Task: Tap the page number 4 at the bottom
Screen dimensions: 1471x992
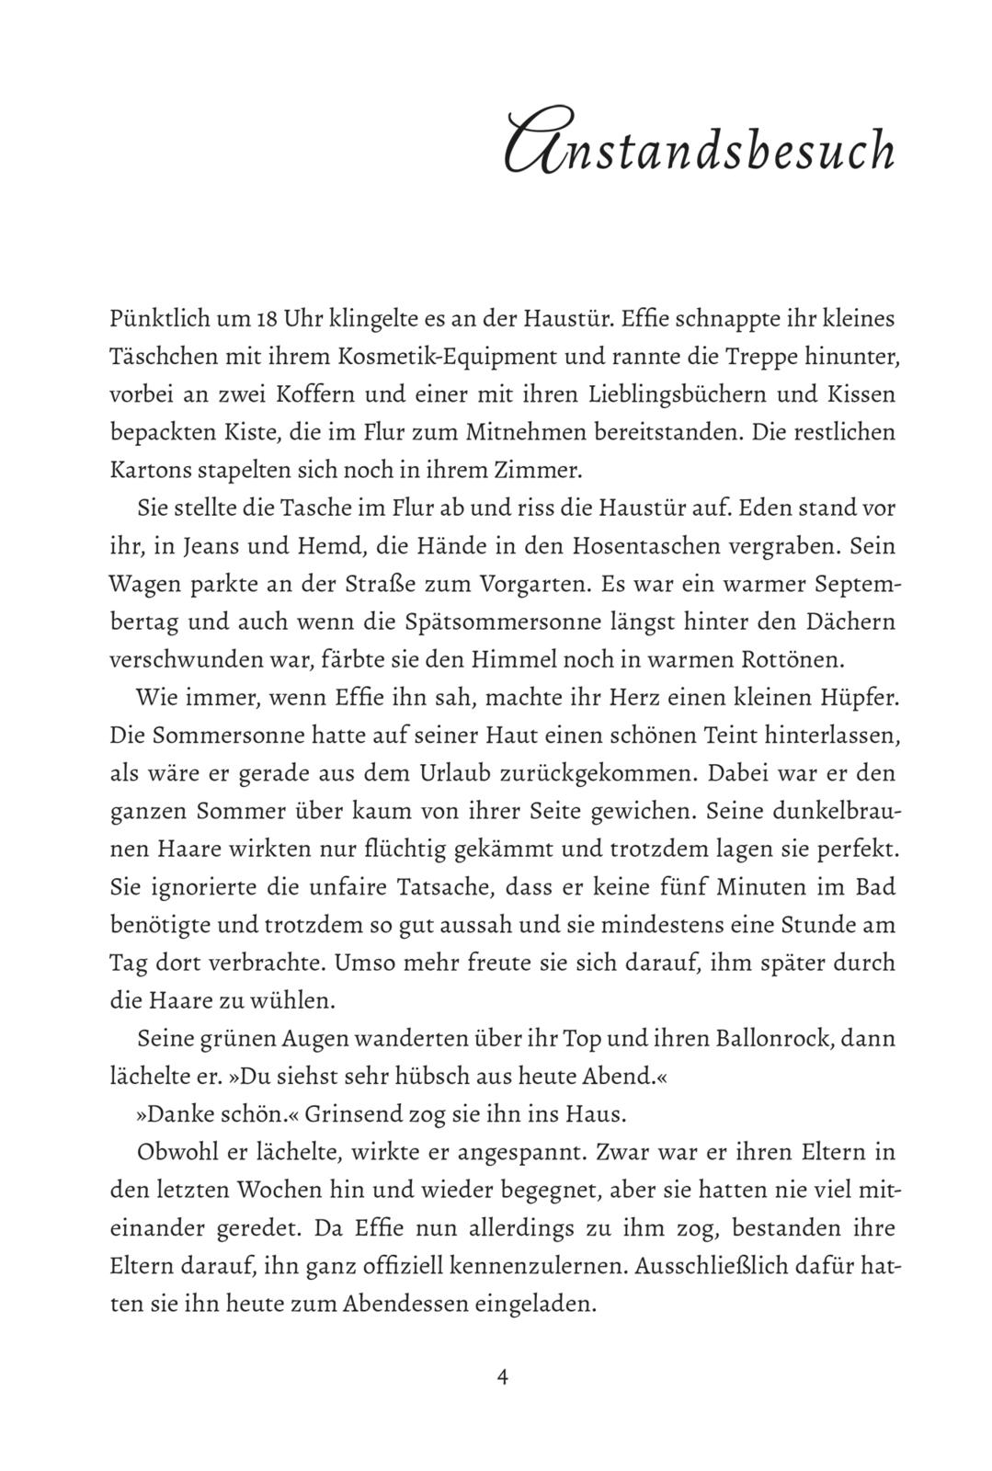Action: tap(502, 1376)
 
